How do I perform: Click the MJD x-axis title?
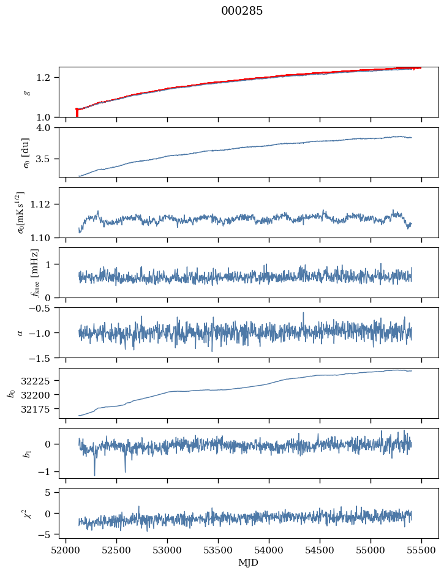point(249,563)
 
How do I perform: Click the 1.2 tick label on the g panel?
point(47,77)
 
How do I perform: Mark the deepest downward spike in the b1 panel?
point(94,474)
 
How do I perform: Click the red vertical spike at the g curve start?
point(77,113)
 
